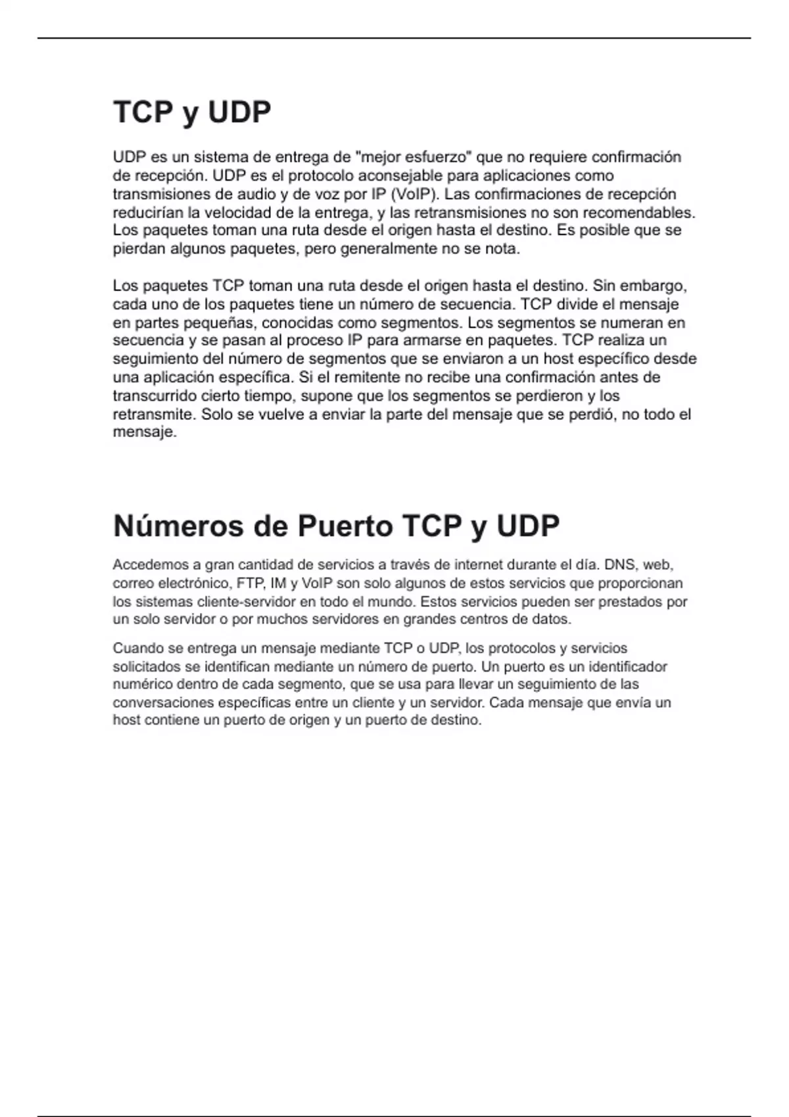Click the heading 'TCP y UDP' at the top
pos(192,112)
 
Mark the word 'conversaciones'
pos(162,702)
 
